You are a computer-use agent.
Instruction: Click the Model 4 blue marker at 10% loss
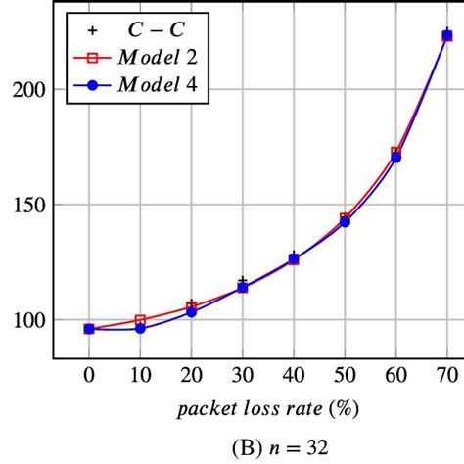click(140, 328)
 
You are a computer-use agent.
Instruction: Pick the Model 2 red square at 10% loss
click(140, 319)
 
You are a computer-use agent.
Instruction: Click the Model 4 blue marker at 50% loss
click(345, 222)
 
